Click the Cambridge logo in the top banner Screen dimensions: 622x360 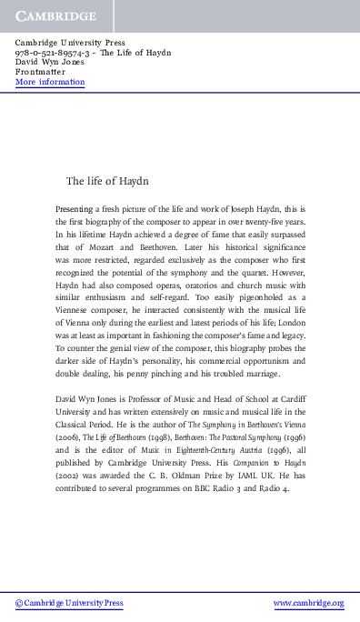55,15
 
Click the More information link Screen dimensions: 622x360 50,82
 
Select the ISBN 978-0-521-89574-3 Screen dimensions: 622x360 55,53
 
